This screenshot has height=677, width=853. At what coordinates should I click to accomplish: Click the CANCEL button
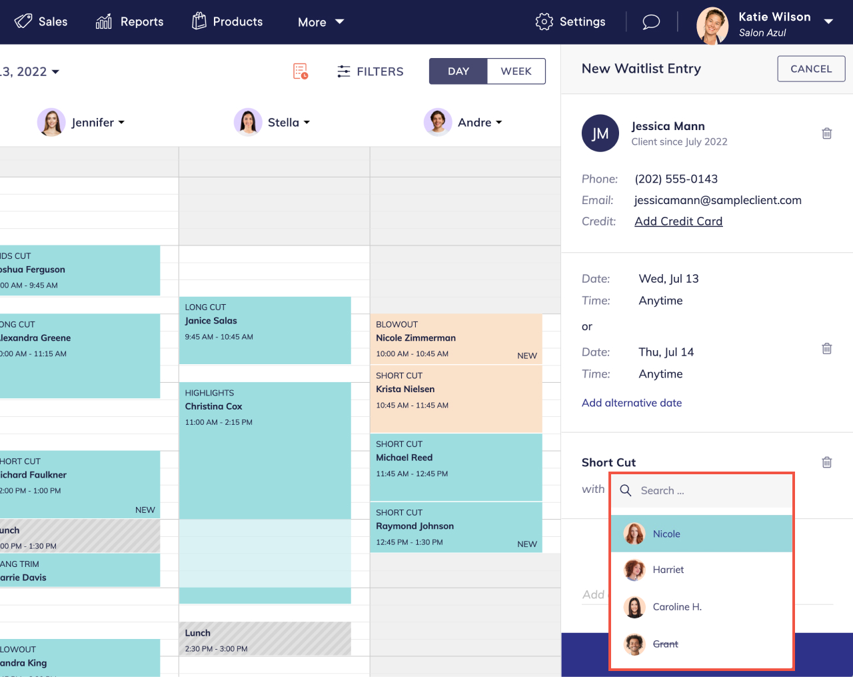click(x=811, y=69)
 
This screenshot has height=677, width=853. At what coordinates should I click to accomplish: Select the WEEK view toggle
click(x=516, y=71)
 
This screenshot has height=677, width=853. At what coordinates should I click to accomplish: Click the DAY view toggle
click(x=458, y=71)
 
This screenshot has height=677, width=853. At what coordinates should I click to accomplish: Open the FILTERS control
click(x=371, y=71)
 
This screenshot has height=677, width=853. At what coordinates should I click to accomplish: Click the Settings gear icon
click(x=544, y=22)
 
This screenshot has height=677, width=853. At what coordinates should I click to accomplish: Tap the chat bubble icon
click(x=651, y=22)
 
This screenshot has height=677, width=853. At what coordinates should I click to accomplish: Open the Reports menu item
click(x=129, y=22)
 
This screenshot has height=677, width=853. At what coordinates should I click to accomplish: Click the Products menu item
click(x=227, y=22)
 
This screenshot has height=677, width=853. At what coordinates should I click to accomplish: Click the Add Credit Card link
click(x=678, y=221)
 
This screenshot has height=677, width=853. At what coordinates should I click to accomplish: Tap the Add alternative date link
click(x=632, y=403)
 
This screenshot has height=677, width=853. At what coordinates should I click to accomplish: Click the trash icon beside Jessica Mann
click(x=827, y=133)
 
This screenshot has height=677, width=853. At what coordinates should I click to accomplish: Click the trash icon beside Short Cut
click(x=827, y=462)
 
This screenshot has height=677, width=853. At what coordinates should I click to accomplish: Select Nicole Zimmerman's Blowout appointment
click(x=456, y=339)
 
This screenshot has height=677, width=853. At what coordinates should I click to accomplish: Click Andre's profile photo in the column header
click(x=438, y=122)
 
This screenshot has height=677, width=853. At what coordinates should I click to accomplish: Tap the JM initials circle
click(x=600, y=133)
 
